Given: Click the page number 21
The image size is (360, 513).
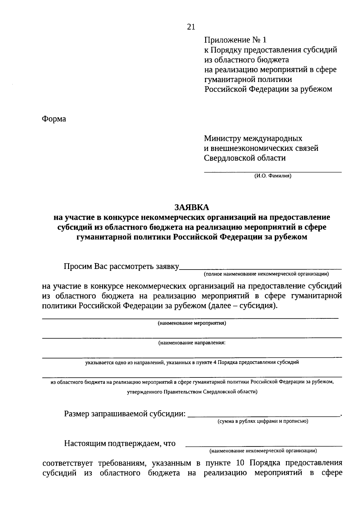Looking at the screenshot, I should [x=191, y=27].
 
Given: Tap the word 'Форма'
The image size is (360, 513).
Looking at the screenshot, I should [x=54, y=119].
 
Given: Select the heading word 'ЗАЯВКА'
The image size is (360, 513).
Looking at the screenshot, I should [x=192, y=207].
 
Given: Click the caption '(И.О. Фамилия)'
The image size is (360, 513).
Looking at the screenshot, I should [x=273, y=176].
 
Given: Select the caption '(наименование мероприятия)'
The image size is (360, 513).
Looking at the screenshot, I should [x=192, y=324].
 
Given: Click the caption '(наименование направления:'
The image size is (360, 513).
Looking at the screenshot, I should [x=192, y=343].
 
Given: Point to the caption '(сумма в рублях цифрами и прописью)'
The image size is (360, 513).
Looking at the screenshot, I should [x=263, y=422].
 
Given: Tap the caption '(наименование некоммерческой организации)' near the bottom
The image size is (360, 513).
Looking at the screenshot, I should [x=263, y=451].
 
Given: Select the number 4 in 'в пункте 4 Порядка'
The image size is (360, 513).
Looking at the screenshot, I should [x=214, y=362].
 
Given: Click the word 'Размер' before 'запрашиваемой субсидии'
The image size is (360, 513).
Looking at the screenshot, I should [x=76, y=414].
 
